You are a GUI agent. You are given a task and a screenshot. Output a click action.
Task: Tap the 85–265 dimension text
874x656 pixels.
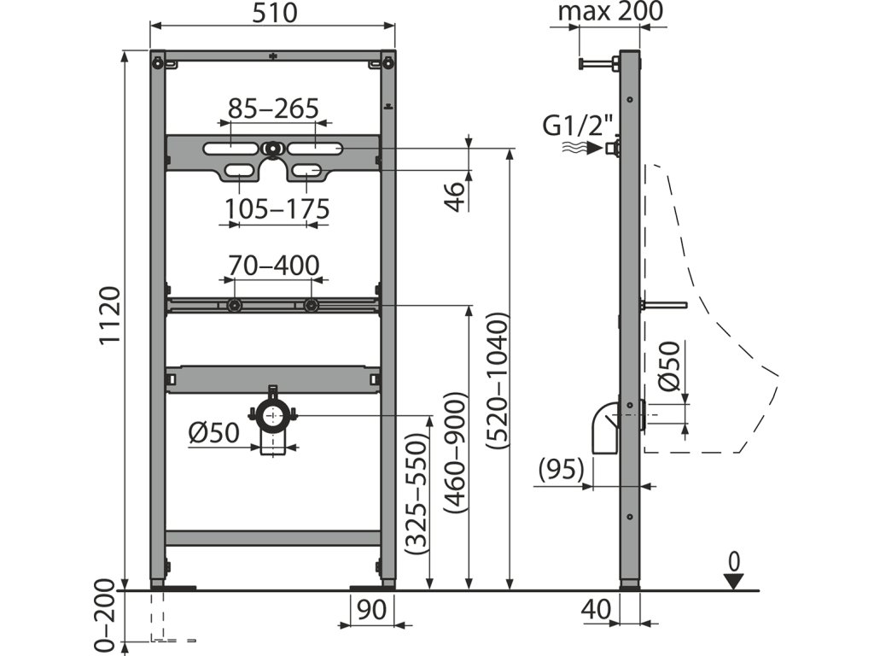pyautogui.click(x=273, y=108)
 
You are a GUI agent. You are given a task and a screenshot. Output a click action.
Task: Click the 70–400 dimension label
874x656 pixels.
pyautogui.click(x=273, y=266)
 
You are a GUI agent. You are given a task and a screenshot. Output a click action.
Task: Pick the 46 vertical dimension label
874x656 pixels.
pyautogui.click(x=457, y=195)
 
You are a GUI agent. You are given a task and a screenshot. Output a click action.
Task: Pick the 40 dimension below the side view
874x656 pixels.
pyautogui.click(x=595, y=611)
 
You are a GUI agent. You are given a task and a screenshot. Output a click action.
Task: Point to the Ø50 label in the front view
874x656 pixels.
pyautogui.click(x=213, y=434)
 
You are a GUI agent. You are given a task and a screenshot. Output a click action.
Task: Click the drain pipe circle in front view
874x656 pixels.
pyautogui.click(x=273, y=416)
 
